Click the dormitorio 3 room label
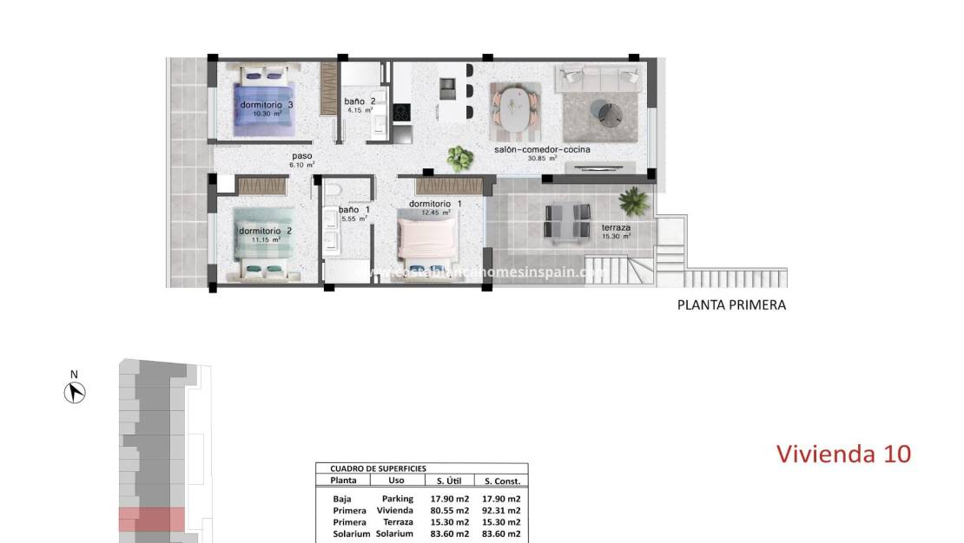pos(267,105)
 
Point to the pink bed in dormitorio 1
pos(427,239)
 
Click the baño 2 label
pos(360,101)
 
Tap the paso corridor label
pos(302,157)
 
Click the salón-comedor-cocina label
pos(542,150)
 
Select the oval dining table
pos(517,111)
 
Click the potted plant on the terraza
pos(633,201)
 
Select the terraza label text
pos(616,229)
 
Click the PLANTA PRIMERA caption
pos(731,305)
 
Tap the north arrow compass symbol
pos(76,393)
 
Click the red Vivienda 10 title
pos(842,453)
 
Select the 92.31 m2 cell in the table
pos(501,511)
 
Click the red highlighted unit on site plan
pos(151,519)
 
